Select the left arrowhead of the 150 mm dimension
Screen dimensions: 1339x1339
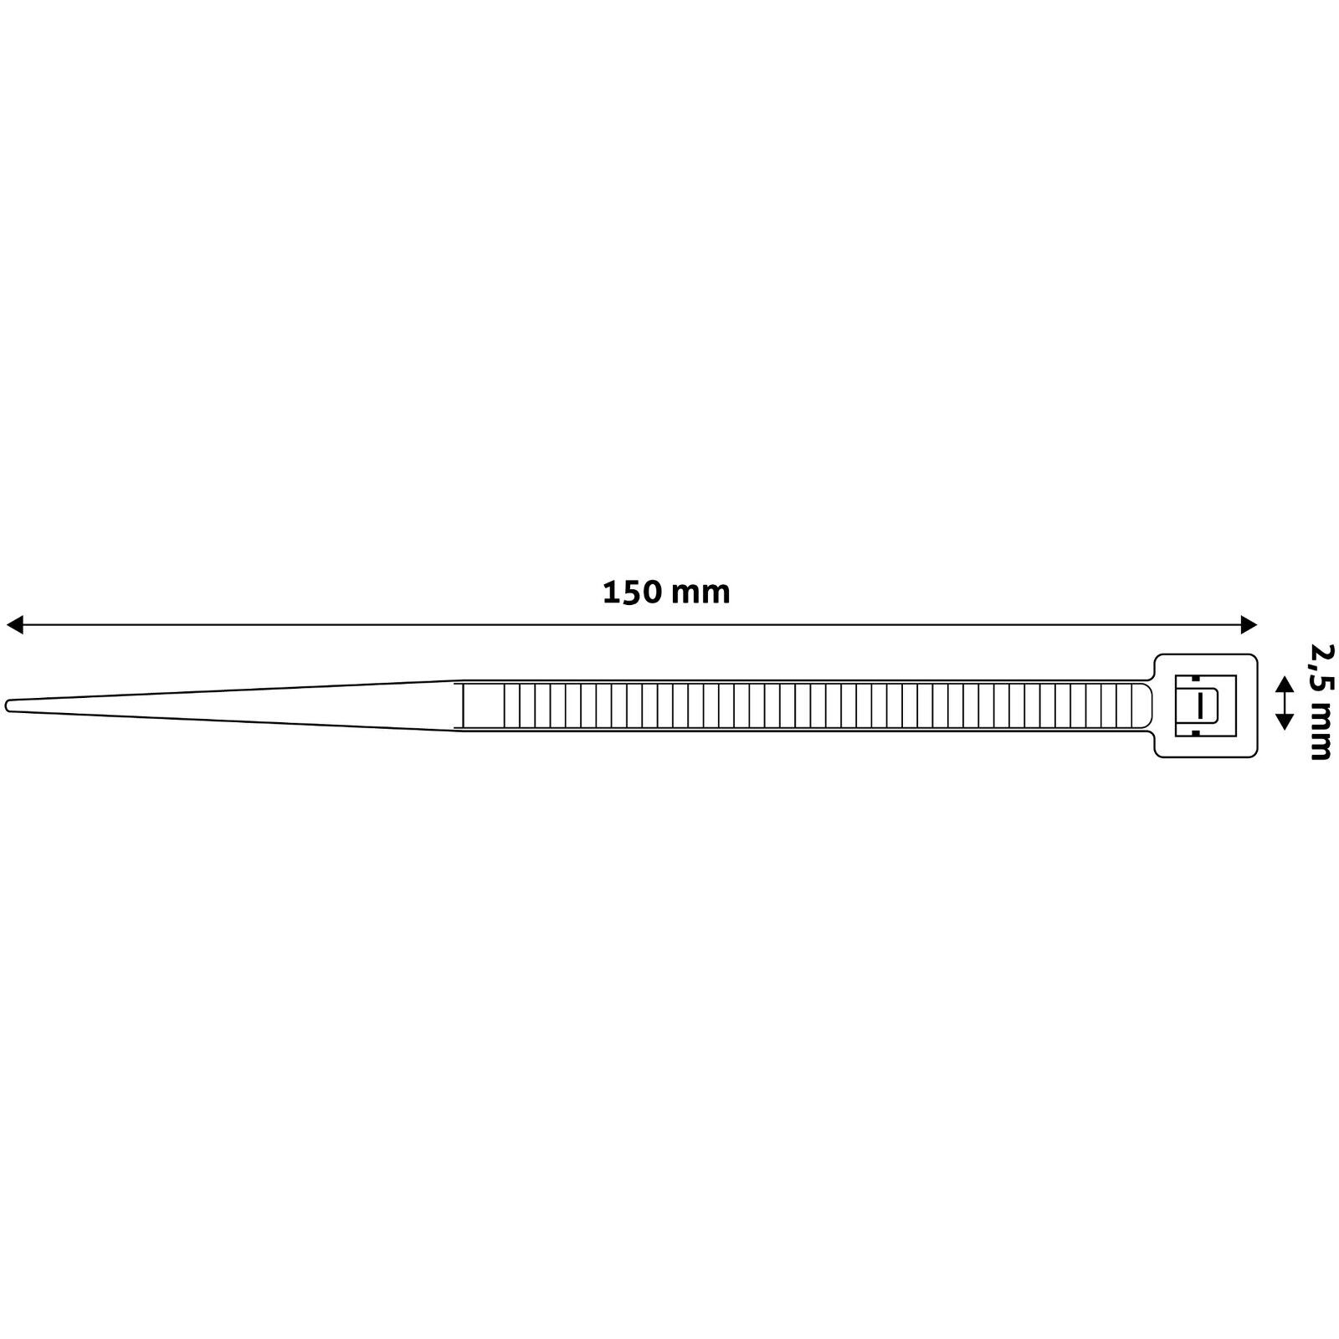click(14, 624)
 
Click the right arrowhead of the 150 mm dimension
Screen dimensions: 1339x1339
click(1249, 624)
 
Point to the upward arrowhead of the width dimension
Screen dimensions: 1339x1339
click(1284, 685)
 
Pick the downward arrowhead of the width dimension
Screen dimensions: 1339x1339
click(1284, 722)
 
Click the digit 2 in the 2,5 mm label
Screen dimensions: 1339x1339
click(1320, 653)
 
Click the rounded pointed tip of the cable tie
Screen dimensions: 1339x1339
click(8, 706)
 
